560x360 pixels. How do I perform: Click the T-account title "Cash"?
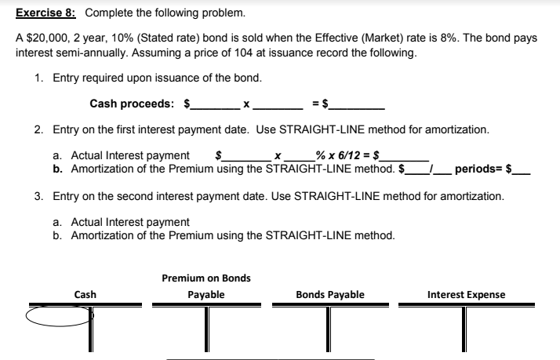pos(85,295)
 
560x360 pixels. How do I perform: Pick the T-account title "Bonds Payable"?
pos(329,295)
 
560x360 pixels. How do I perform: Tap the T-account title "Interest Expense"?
pos(466,295)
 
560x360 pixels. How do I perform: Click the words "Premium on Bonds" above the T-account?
pos(206,278)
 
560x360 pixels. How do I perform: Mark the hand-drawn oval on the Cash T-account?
pos(59,315)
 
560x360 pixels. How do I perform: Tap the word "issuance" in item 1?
pos(175,78)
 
